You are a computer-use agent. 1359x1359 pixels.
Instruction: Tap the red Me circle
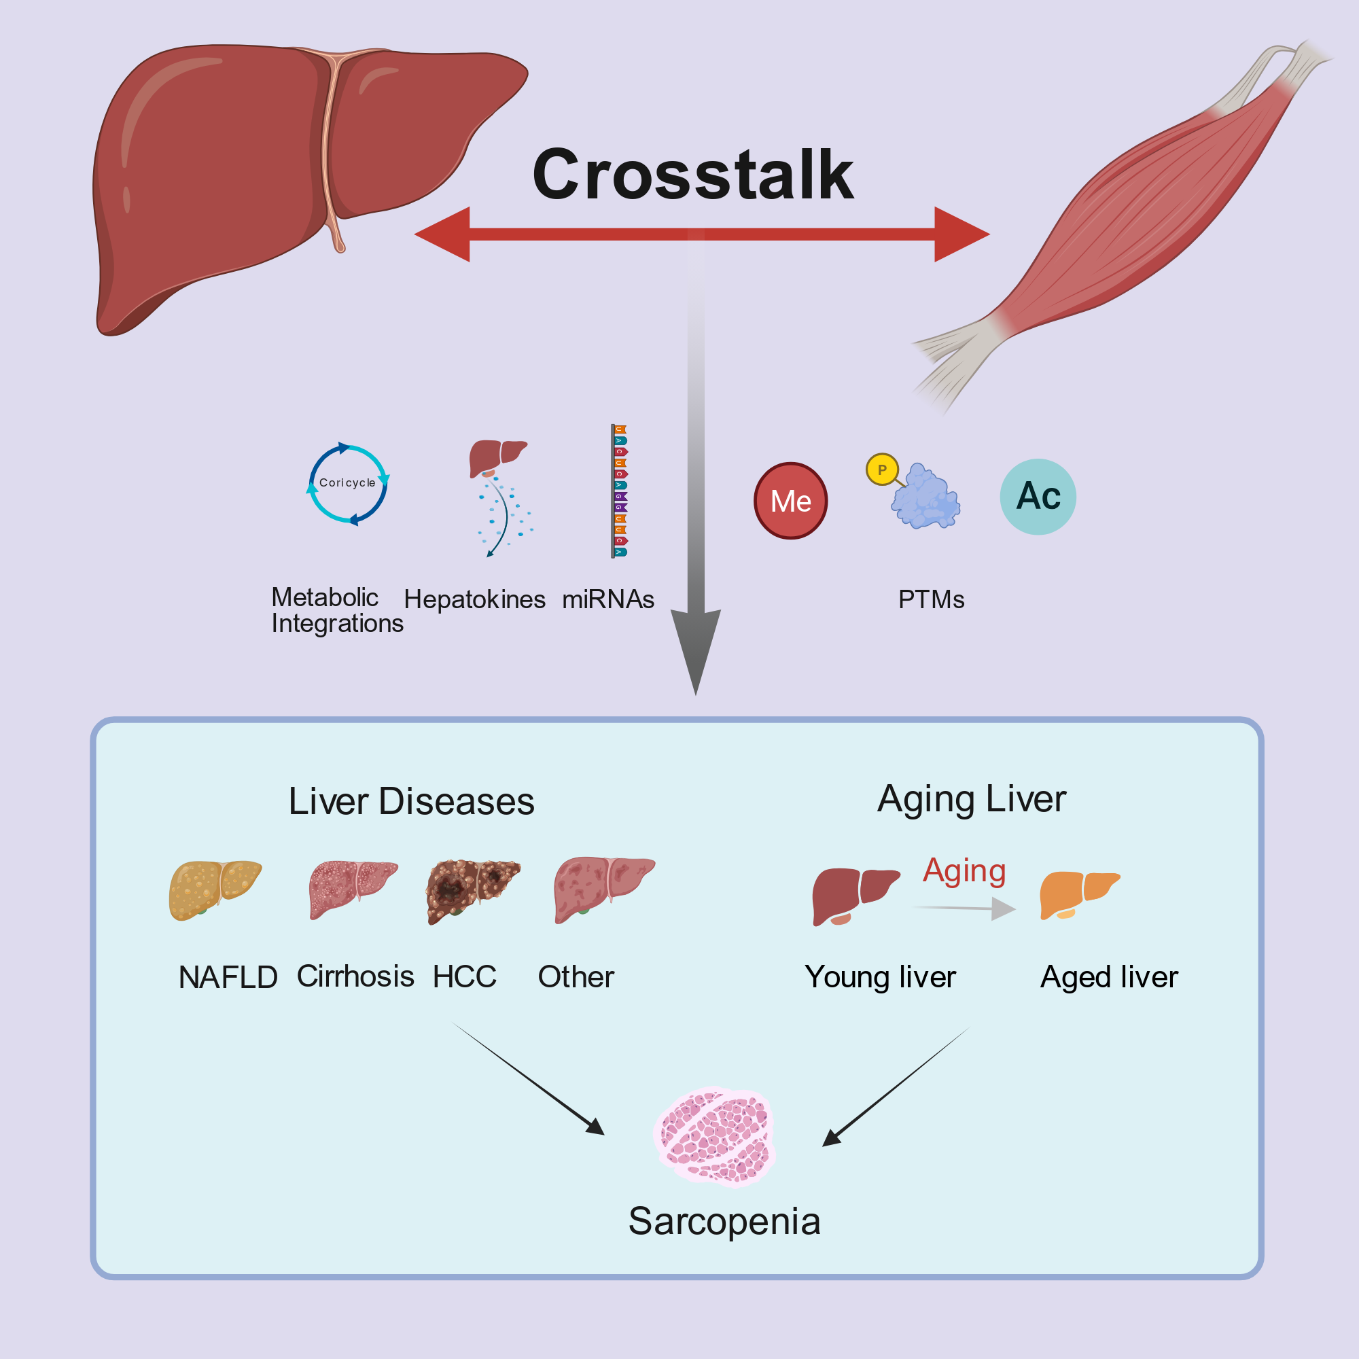(791, 501)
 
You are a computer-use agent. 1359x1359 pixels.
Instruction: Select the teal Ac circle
(1038, 497)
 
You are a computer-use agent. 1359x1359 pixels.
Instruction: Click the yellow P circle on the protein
(882, 469)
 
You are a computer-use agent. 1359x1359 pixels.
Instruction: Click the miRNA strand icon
(619, 491)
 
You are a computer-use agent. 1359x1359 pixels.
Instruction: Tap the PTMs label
(932, 599)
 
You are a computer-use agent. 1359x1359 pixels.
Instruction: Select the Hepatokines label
(475, 599)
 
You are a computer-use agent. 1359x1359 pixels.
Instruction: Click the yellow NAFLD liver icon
(215, 890)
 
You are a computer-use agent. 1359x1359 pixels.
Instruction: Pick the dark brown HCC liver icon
(473, 891)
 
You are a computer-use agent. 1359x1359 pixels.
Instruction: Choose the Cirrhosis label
(355, 976)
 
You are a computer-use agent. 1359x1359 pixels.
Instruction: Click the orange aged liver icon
(1079, 894)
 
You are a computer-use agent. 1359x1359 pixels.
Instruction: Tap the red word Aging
(964, 871)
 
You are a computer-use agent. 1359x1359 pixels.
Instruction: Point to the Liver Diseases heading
(412, 801)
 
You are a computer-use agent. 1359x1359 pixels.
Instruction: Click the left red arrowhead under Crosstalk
(442, 234)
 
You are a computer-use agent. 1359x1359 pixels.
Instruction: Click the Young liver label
(880, 978)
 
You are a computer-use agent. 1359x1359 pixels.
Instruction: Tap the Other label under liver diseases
(576, 977)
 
